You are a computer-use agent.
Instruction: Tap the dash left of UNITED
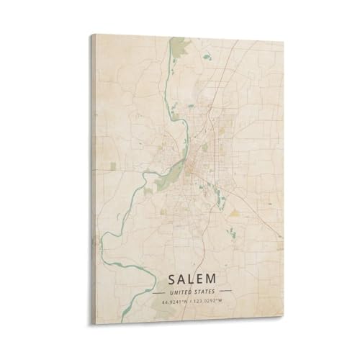pyautogui.click(x=159, y=293)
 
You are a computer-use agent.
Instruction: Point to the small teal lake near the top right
pyautogui.click(x=207, y=56)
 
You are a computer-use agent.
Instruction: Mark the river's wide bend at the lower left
pyautogui.click(x=108, y=248)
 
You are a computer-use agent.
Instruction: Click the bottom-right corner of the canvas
pyautogui.click(x=283, y=325)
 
